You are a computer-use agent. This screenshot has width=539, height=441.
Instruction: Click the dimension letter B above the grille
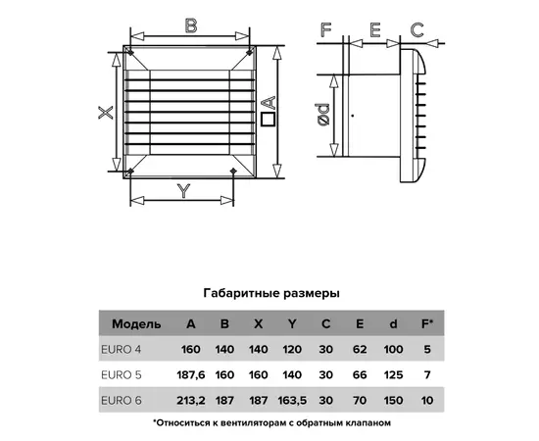pyautogui.click(x=191, y=25)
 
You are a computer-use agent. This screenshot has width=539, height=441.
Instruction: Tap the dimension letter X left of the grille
pyautogui.click(x=106, y=113)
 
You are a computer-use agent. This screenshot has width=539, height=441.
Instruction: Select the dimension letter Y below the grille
pyautogui.click(x=184, y=191)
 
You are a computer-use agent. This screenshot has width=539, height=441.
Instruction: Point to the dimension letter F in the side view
pyautogui.click(x=325, y=29)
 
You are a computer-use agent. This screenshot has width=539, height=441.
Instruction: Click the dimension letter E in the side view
pyautogui.click(x=375, y=29)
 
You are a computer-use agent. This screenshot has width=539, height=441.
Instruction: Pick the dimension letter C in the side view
pyautogui.click(x=417, y=29)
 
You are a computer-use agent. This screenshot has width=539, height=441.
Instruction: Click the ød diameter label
pyautogui.click(x=323, y=115)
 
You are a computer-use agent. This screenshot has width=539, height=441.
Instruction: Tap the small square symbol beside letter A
pyautogui.click(x=269, y=120)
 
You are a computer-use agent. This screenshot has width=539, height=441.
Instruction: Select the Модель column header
pyautogui.click(x=136, y=324)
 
